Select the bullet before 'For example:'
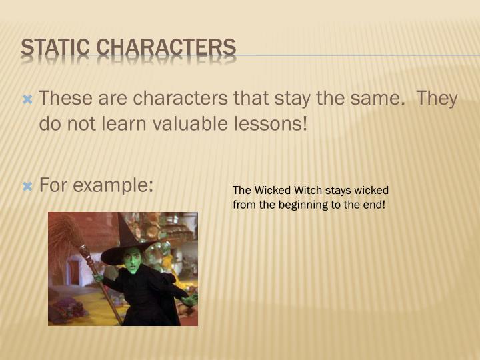pyautogui.click(x=27, y=187)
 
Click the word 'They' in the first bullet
pyautogui.click(x=437, y=99)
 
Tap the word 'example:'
pyautogui.click(x=115, y=185)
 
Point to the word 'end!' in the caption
pyautogui.click(x=373, y=205)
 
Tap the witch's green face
pyautogui.click(x=132, y=260)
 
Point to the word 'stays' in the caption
pyautogui.click(x=339, y=191)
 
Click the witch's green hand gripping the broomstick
pyautogui.click(x=99, y=279)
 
